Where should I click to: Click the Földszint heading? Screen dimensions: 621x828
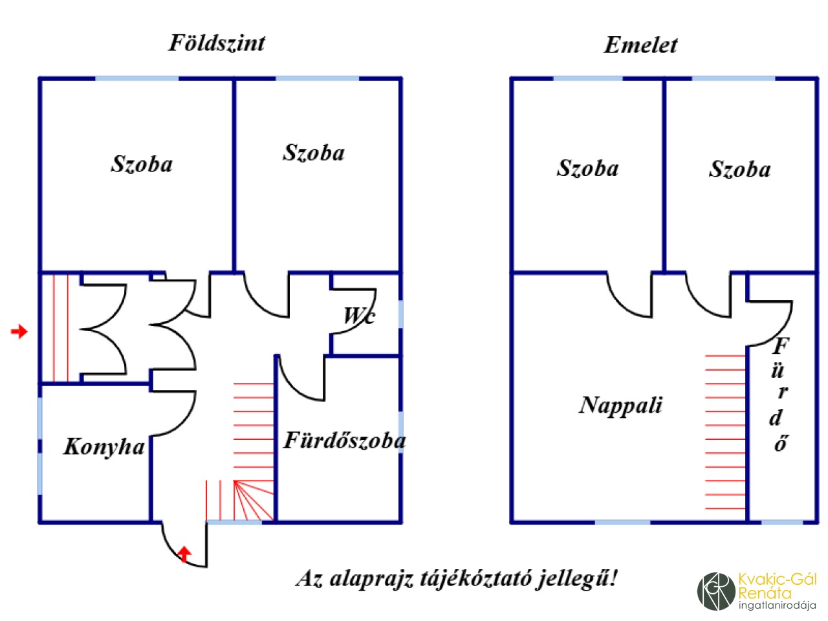pos(217,43)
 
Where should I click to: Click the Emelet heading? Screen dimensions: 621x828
pos(640,45)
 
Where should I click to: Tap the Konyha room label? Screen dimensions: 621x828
pos(103,446)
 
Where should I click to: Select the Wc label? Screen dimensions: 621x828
pos(359,316)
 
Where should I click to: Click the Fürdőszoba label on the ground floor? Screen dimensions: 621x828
pos(345,441)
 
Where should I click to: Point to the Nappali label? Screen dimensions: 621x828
pos(620,405)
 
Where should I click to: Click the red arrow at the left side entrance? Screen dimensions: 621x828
pos(19,332)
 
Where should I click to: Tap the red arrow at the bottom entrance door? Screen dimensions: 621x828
pos(184,554)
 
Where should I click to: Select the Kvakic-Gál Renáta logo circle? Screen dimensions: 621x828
pos(716,591)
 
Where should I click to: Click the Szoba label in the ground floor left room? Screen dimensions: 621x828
pos(142,164)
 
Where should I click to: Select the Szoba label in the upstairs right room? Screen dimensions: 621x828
pos(739,169)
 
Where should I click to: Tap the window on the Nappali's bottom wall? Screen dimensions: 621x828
pos(622,522)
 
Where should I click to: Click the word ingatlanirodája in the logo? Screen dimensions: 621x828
pos(776,606)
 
